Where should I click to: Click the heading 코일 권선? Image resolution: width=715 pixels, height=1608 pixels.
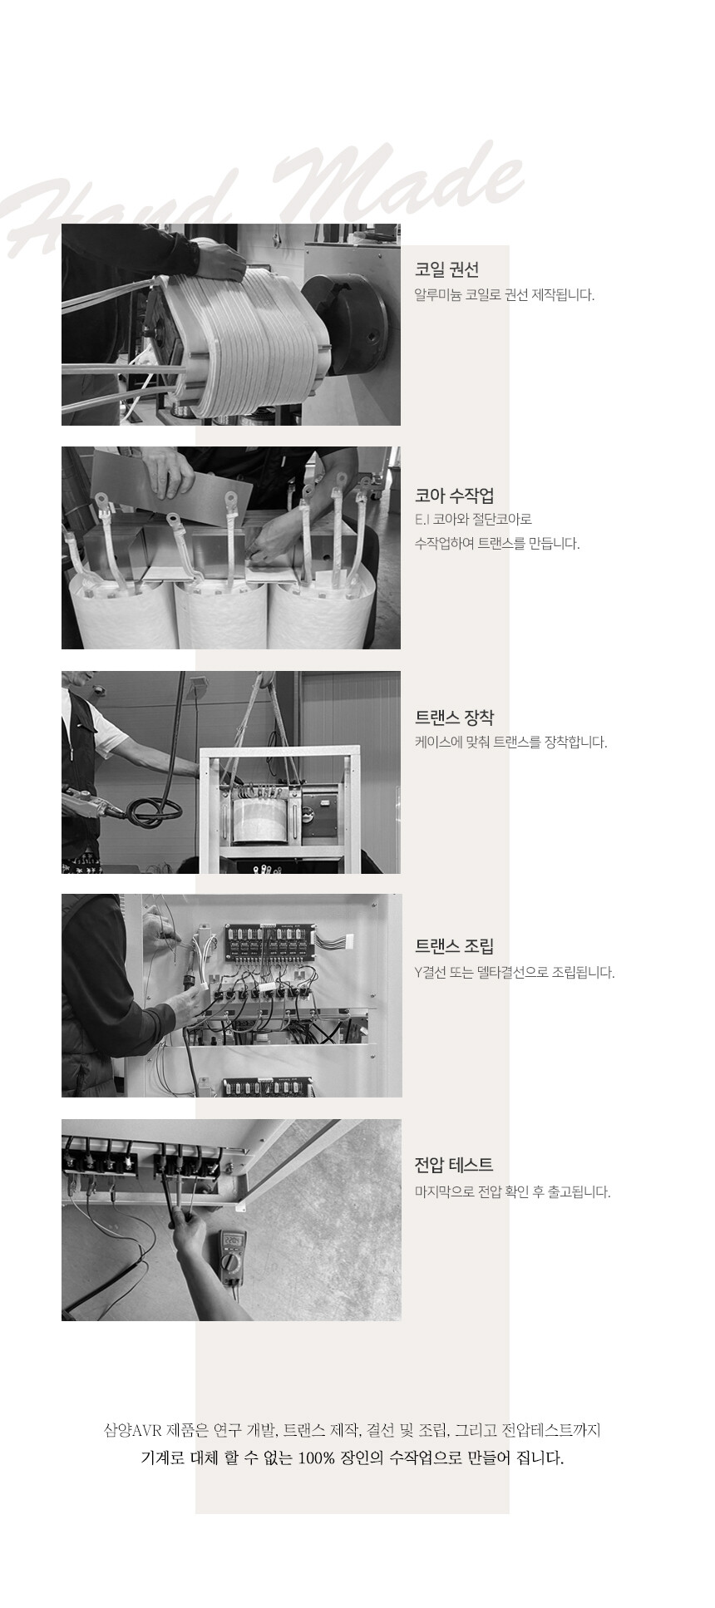coord(446,269)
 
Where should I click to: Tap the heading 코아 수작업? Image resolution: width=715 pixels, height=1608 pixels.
coord(454,496)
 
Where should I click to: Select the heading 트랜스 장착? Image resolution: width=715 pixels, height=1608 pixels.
coord(454,717)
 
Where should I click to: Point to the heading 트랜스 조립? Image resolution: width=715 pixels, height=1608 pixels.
coord(454,946)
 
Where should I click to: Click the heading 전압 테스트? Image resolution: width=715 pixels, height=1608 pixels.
coord(454,1164)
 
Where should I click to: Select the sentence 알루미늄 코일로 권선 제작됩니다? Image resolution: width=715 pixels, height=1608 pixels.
coord(505,295)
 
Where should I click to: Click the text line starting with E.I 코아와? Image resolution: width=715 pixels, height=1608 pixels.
coord(473,520)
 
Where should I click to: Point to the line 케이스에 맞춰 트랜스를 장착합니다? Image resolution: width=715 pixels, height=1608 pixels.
coord(510,742)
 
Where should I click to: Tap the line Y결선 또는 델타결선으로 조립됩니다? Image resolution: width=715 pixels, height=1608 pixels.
coord(515,972)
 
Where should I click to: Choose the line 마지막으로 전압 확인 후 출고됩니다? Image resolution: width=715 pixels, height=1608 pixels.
coord(512,1192)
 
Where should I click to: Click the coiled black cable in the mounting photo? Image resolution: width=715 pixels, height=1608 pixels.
coord(155,806)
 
